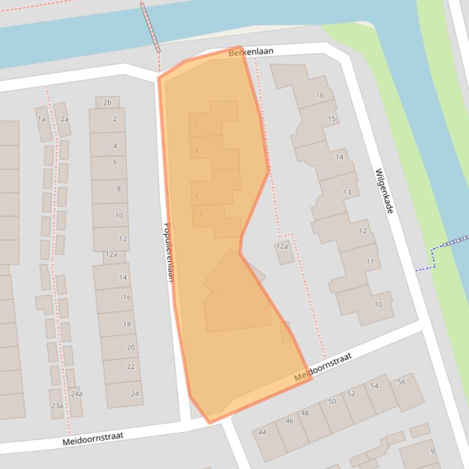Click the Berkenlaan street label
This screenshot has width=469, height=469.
click(x=251, y=53)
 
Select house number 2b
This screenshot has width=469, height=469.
click(x=107, y=102)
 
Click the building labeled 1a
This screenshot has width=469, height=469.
click(x=41, y=119)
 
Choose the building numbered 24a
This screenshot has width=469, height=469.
click(x=76, y=394)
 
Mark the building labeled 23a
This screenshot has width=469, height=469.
click(x=57, y=406)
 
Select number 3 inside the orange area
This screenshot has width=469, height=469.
click(x=196, y=150)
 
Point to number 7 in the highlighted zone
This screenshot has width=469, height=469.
click(x=200, y=215)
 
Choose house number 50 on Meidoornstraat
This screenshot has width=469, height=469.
click(x=332, y=401)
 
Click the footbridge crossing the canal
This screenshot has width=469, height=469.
click(x=150, y=27)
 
